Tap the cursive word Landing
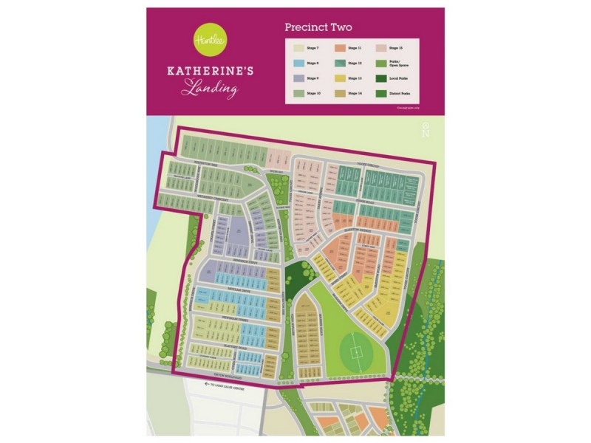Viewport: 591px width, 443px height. (x=211, y=91)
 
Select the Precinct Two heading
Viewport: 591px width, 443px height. (x=318, y=27)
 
